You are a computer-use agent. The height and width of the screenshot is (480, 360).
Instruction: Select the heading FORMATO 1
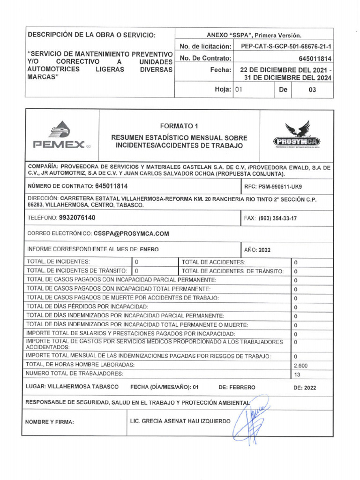click(x=179, y=126)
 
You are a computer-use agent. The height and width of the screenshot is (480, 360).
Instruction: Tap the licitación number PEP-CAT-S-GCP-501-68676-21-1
click(x=286, y=46)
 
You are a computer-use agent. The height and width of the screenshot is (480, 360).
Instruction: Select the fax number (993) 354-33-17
click(x=273, y=218)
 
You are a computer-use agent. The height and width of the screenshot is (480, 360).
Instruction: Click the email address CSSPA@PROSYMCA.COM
click(x=125, y=233)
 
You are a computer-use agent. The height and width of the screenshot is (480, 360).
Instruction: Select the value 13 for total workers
click(x=296, y=374)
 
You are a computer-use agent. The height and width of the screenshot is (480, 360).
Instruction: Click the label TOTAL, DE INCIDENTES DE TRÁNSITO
click(x=77, y=271)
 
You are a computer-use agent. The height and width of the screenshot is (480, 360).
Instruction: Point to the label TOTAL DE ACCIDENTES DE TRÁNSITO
click(x=232, y=271)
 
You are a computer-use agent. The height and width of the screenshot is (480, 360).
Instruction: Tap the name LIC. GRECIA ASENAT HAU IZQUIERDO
click(x=180, y=421)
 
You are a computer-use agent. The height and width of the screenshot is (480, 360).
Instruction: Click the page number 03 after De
click(x=312, y=90)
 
